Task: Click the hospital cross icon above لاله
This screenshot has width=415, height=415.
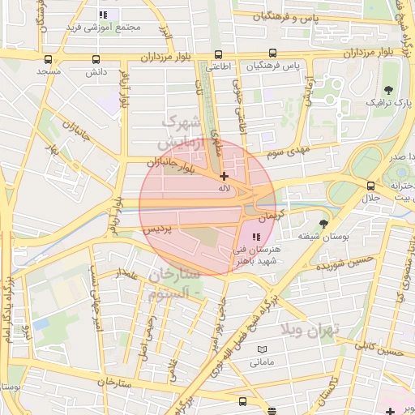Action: pos(224,175)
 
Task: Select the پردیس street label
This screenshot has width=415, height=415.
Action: pos(159,230)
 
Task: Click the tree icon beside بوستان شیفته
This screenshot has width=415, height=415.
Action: pos(324,223)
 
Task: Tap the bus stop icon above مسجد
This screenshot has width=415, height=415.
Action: pos(49,59)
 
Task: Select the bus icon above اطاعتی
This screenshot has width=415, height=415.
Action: pos(217,54)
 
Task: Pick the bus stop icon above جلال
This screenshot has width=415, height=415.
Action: pos(370,186)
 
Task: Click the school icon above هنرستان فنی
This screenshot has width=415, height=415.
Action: pos(256,237)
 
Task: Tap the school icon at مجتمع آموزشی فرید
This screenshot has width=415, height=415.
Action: pos(102,15)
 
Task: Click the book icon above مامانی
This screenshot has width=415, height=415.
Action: pos(260,349)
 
